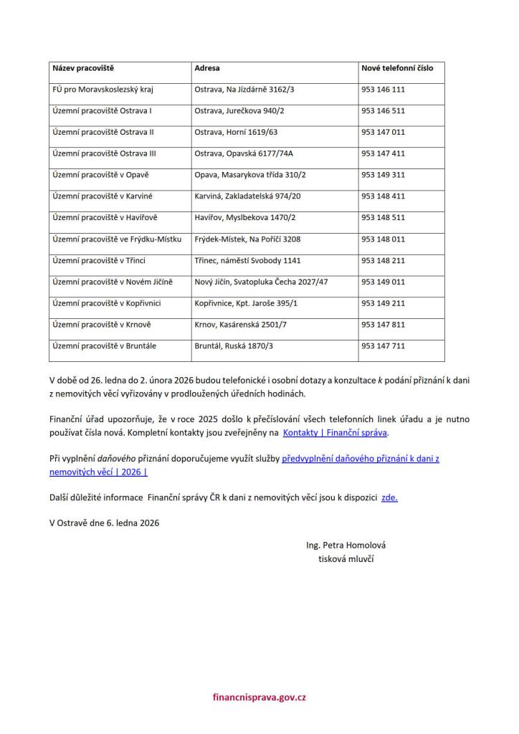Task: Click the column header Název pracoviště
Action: (x=83, y=68)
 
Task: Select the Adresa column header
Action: (x=207, y=68)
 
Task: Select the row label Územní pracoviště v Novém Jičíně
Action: (x=113, y=282)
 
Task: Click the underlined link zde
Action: (x=389, y=497)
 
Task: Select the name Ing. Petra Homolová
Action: (x=346, y=545)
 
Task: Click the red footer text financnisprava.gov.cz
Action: (x=259, y=697)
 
